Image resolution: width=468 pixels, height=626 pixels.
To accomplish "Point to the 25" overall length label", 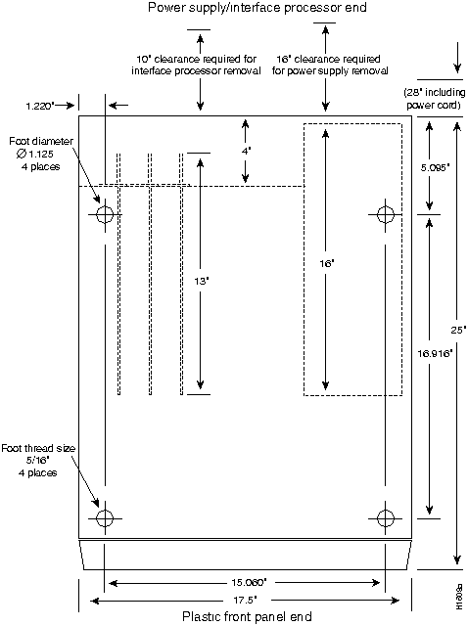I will (x=458, y=329).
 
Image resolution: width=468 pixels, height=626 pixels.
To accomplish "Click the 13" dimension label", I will (x=201, y=281).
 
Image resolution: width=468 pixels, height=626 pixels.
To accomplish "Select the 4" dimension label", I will (x=247, y=152).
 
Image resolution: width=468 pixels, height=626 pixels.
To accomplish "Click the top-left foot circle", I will (x=105, y=214).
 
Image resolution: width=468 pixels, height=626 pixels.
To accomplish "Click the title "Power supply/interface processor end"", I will (x=237, y=9).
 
